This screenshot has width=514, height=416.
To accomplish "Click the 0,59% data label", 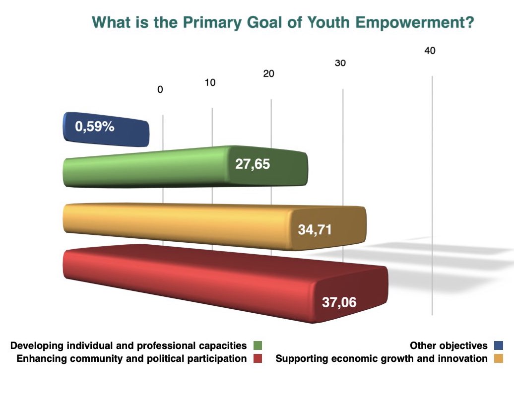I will coord(95,127).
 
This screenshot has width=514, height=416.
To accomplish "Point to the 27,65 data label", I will coord(253,164).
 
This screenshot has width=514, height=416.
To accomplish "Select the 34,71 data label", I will coord(315,230).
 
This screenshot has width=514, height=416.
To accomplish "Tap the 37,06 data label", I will coord(339,302).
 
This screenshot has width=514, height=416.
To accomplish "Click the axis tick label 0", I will coord(160,90).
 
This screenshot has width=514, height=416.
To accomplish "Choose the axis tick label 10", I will coord(210,82).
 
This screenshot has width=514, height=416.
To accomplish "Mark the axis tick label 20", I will coord(268,73).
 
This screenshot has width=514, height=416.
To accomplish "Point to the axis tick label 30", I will coord(340,63).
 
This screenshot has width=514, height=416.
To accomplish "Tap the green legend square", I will coord(257,346).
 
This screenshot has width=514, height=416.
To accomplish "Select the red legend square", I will coord(257,358).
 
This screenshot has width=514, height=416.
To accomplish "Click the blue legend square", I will coord(498,346).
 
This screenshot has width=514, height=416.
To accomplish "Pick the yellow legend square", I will coord(498,358).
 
